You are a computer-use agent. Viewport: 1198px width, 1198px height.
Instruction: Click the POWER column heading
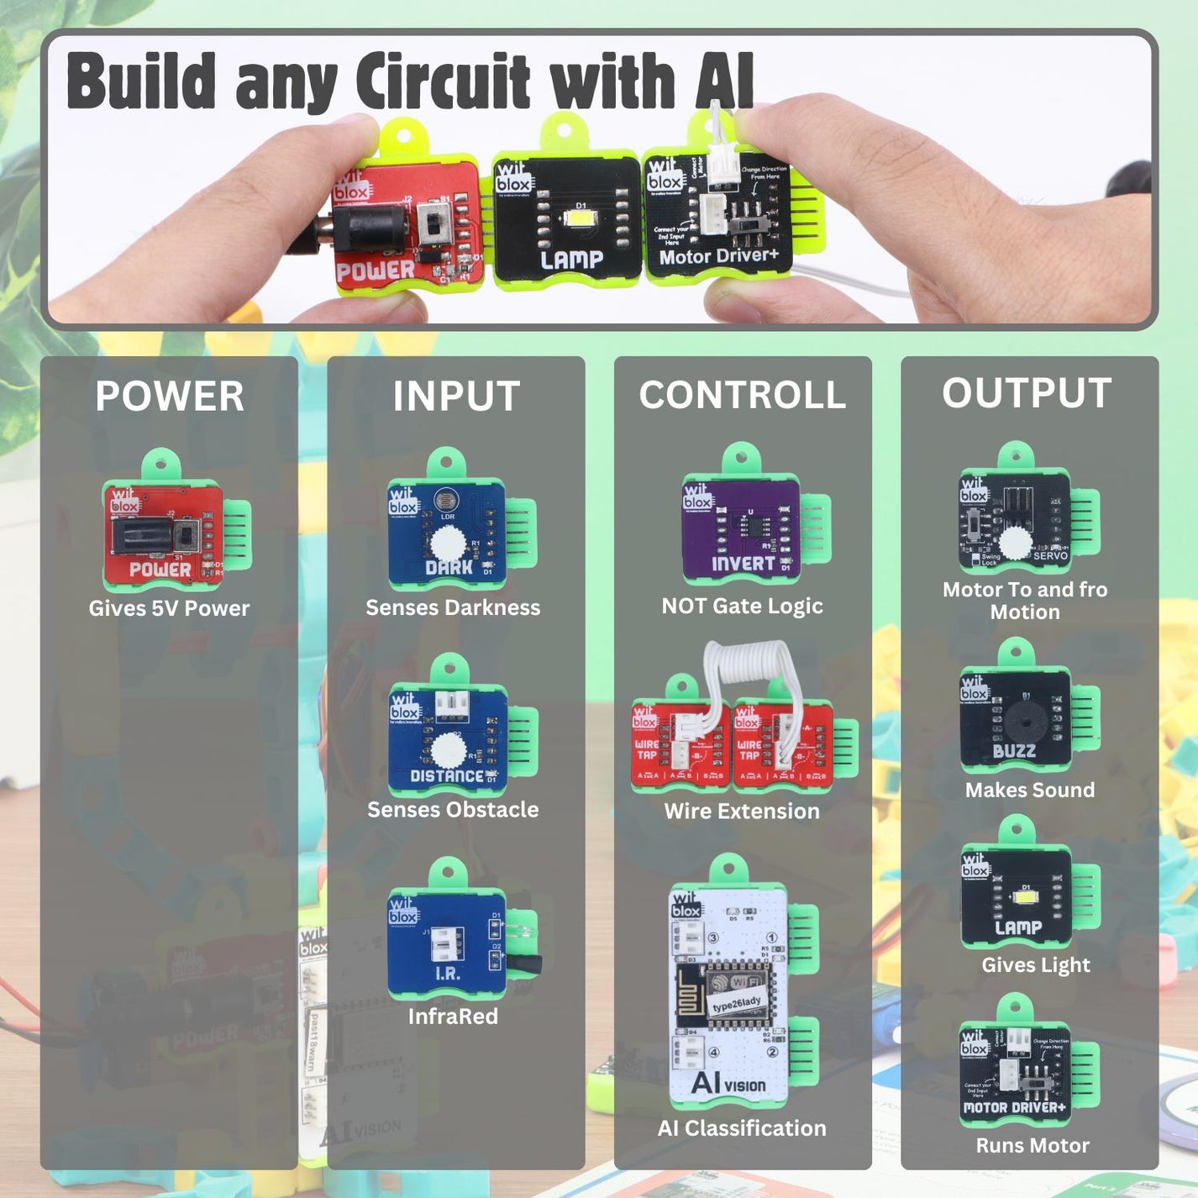coord(169,397)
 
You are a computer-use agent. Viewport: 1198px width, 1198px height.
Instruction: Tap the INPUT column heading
coord(456,397)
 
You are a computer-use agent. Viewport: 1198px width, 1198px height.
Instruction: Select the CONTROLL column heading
coord(743,395)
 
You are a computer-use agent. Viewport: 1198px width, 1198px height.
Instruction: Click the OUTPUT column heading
coord(1027,393)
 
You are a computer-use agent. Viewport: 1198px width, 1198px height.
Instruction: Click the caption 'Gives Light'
coord(1036,965)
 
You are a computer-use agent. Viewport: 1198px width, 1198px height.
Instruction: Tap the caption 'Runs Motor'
coord(1032,1146)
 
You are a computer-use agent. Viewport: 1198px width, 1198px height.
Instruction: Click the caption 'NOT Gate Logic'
coord(742,606)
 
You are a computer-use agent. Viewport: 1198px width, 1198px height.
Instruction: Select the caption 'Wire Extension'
coord(742,812)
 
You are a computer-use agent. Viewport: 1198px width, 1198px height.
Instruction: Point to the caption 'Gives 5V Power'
coord(169,608)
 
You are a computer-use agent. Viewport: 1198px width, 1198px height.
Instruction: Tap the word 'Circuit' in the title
coord(444,81)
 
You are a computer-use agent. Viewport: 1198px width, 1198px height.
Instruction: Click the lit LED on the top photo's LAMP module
coord(581,218)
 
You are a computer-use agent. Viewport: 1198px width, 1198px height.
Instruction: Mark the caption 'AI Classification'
coord(742,1128)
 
